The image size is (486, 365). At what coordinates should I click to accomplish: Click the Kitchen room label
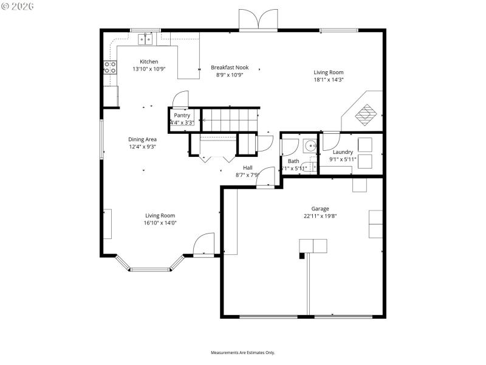[x=149, y=61]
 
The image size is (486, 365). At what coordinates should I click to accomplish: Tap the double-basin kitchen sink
[x=146, y=40]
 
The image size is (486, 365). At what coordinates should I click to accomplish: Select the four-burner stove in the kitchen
[x=110, y=67]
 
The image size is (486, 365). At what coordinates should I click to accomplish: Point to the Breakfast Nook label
[x=230, y=68]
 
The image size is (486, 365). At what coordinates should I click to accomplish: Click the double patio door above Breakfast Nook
[x=259, y=20]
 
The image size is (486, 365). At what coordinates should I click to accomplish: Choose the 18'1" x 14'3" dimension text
[x=329, y=80]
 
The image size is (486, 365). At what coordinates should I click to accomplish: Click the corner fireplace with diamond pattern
[x=364, y=113]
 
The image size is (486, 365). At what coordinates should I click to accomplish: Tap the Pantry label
[x=182, y=115]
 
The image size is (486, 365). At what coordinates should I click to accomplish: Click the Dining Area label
[x=143, y=139]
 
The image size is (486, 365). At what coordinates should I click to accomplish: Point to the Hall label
[x=247, y=168]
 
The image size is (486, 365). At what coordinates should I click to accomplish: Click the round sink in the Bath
[x=310, y=146]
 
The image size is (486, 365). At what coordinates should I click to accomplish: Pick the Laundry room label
[x=343, y=152]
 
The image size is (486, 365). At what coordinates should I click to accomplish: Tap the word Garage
[x=320, y=208]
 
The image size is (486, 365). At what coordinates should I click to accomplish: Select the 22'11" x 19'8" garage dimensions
[x=320, y=215]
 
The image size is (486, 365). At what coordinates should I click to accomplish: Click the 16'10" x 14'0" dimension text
[x=160, y=223]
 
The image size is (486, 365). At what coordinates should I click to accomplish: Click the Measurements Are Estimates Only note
[x=243, y=352]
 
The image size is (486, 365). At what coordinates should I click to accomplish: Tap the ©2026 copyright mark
[x=18, y=6]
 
